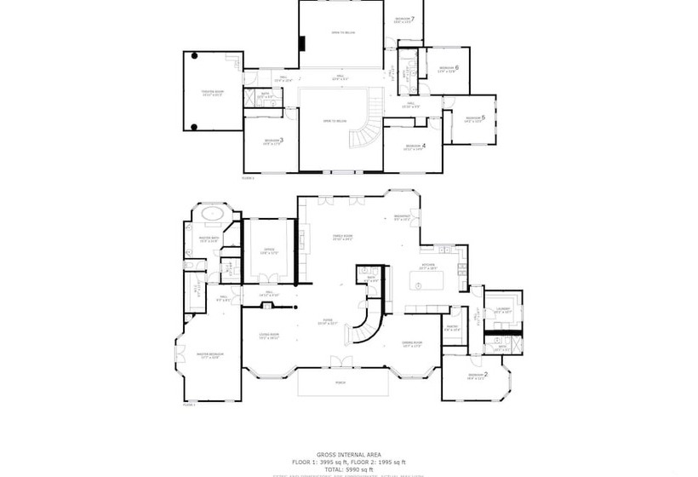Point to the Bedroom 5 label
click(x=475, y=118)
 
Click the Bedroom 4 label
click(x=415, y=146)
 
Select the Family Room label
click(x=342, y=237)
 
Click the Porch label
click(x=340, y=382)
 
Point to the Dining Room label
click(x=413, y=343)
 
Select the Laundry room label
click(x=502, y=310)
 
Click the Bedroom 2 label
click(x=477, y=375)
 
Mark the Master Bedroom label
click(x=209, y=356)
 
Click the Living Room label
click(x=269, y=335)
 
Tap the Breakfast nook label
click(x=402, y=216)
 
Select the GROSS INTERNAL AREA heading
click(x=348, y=455)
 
